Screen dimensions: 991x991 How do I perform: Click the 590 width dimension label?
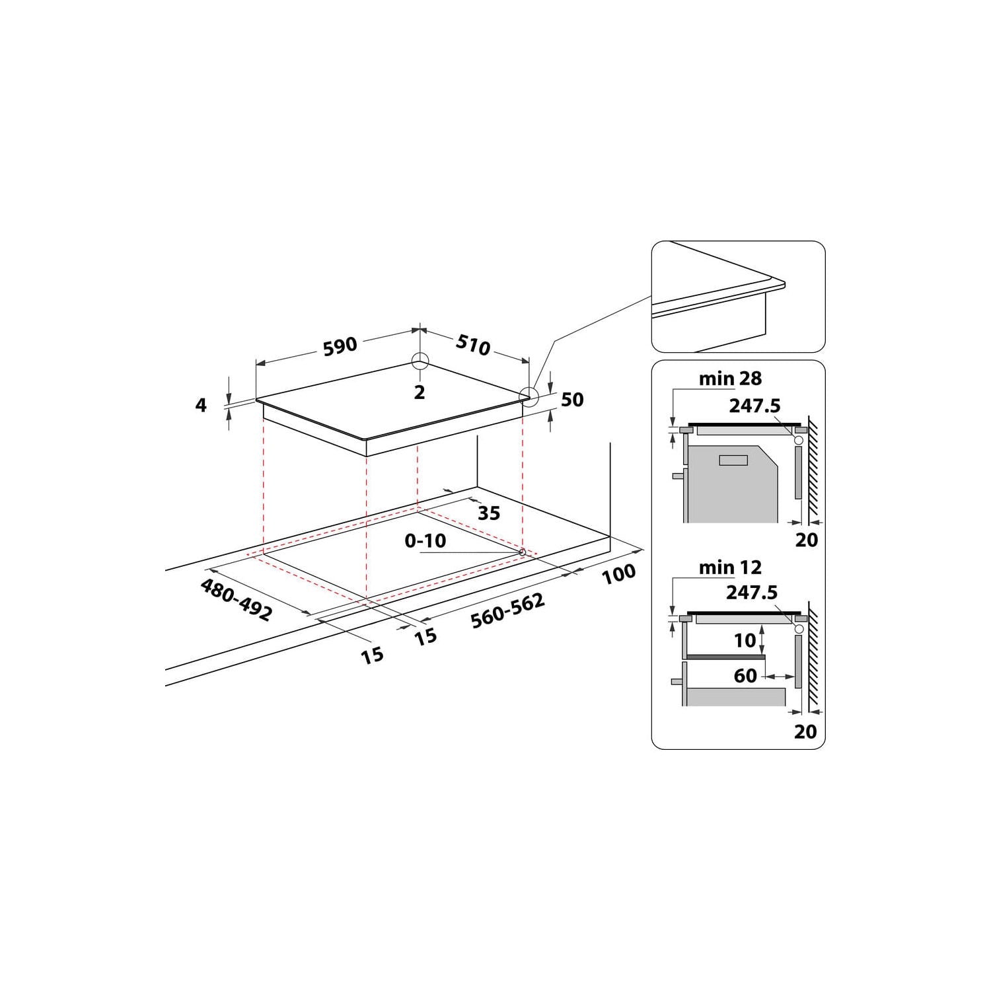[x=340, y=346]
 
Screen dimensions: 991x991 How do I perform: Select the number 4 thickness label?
[x=201, y=405]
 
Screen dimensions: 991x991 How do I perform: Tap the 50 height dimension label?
[x=572, y=400]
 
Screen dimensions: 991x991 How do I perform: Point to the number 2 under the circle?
[x=420, y=392]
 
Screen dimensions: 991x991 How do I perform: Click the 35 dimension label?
[x=489, y=513]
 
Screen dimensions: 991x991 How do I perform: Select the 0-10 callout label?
[x=425, y=541]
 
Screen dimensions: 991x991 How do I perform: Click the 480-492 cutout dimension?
[x=236, y=600]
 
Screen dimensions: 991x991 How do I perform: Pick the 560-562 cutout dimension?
[x=507, y=610]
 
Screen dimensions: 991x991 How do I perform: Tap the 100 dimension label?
[x=619, y=574]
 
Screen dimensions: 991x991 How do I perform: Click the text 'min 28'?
[x=730, y=379]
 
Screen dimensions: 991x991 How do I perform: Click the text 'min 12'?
[x=730, y=568]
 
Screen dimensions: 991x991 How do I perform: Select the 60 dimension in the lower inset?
[x=745, y=676]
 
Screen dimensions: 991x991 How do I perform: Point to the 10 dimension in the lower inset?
[x=745, y=640]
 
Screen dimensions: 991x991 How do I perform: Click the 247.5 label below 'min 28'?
[x=754, y=406]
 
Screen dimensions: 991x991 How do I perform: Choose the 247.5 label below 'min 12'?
[x=752, y=593]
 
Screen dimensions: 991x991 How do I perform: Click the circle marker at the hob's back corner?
[x=420, y=361]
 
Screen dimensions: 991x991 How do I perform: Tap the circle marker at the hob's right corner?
[x=529, y=396]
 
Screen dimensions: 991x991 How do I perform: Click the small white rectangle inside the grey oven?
[x=733, y=461]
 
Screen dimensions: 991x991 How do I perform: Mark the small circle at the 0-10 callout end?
[x=523, y=552]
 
